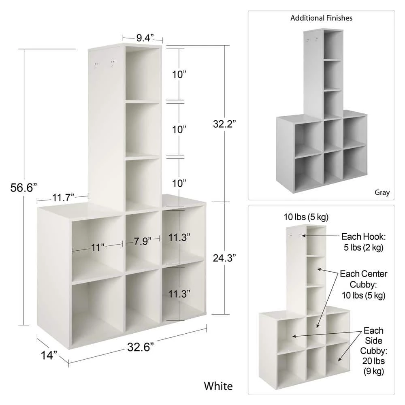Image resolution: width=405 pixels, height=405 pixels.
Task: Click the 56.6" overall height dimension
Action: click(x=23, y=188)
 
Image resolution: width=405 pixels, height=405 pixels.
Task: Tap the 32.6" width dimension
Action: click(x=141, y=347)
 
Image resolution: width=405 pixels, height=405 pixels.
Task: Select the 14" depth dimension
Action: click(x=49, y=355)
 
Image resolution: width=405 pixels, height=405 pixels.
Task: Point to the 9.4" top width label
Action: click(x=145, y=38)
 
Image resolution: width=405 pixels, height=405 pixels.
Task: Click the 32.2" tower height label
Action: click(x=225, y=124)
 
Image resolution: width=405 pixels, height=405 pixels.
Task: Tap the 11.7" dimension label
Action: click(x=62, y=198)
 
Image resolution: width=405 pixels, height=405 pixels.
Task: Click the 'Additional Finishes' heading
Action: click(x=321, y=18)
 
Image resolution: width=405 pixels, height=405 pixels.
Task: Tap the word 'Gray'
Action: click(x=382, y=192)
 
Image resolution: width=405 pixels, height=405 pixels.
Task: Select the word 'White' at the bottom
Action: click(x=218, y=385)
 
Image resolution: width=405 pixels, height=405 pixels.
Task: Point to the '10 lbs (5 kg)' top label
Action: click(x=306, y=217)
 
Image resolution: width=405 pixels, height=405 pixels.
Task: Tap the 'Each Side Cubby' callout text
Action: click(x=373, y=350)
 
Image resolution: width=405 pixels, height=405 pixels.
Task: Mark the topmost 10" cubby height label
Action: click(x=179, y=75)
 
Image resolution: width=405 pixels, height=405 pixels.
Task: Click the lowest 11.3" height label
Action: click(x=179, y=294)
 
